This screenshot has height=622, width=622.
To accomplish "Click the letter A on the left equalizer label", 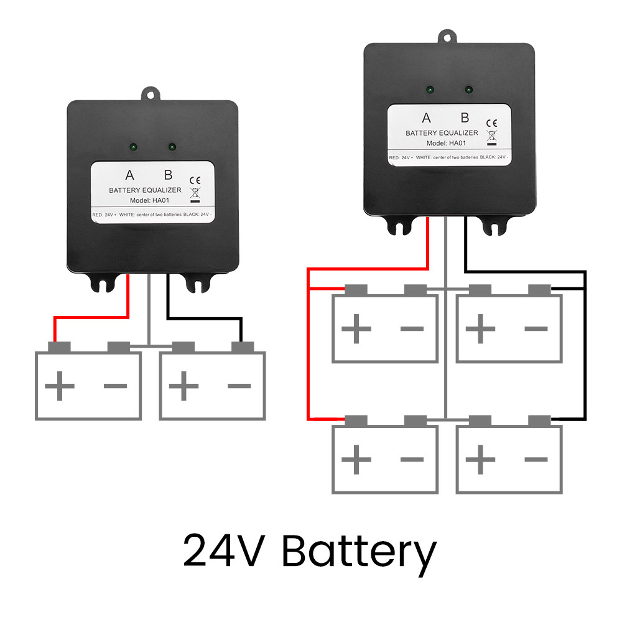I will [x=129, y=175].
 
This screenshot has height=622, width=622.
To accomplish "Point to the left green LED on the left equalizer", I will [x=134, y=147].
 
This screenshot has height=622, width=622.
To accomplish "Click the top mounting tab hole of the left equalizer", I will [x=151, y=94].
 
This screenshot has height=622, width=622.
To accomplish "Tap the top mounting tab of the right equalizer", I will [x=447, y=37].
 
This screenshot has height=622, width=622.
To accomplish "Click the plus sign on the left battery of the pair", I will [x=60, y=386].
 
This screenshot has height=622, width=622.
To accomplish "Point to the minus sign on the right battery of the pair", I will [x=239, y=386].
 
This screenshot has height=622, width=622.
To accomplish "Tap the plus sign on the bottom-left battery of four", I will [x=357, y=460].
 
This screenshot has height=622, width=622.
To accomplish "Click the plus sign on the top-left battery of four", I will [x=357, y=328].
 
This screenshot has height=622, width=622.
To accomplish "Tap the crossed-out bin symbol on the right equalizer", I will [x=492, y=135].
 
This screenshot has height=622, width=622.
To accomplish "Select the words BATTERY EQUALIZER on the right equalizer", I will [x=442, y=133].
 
